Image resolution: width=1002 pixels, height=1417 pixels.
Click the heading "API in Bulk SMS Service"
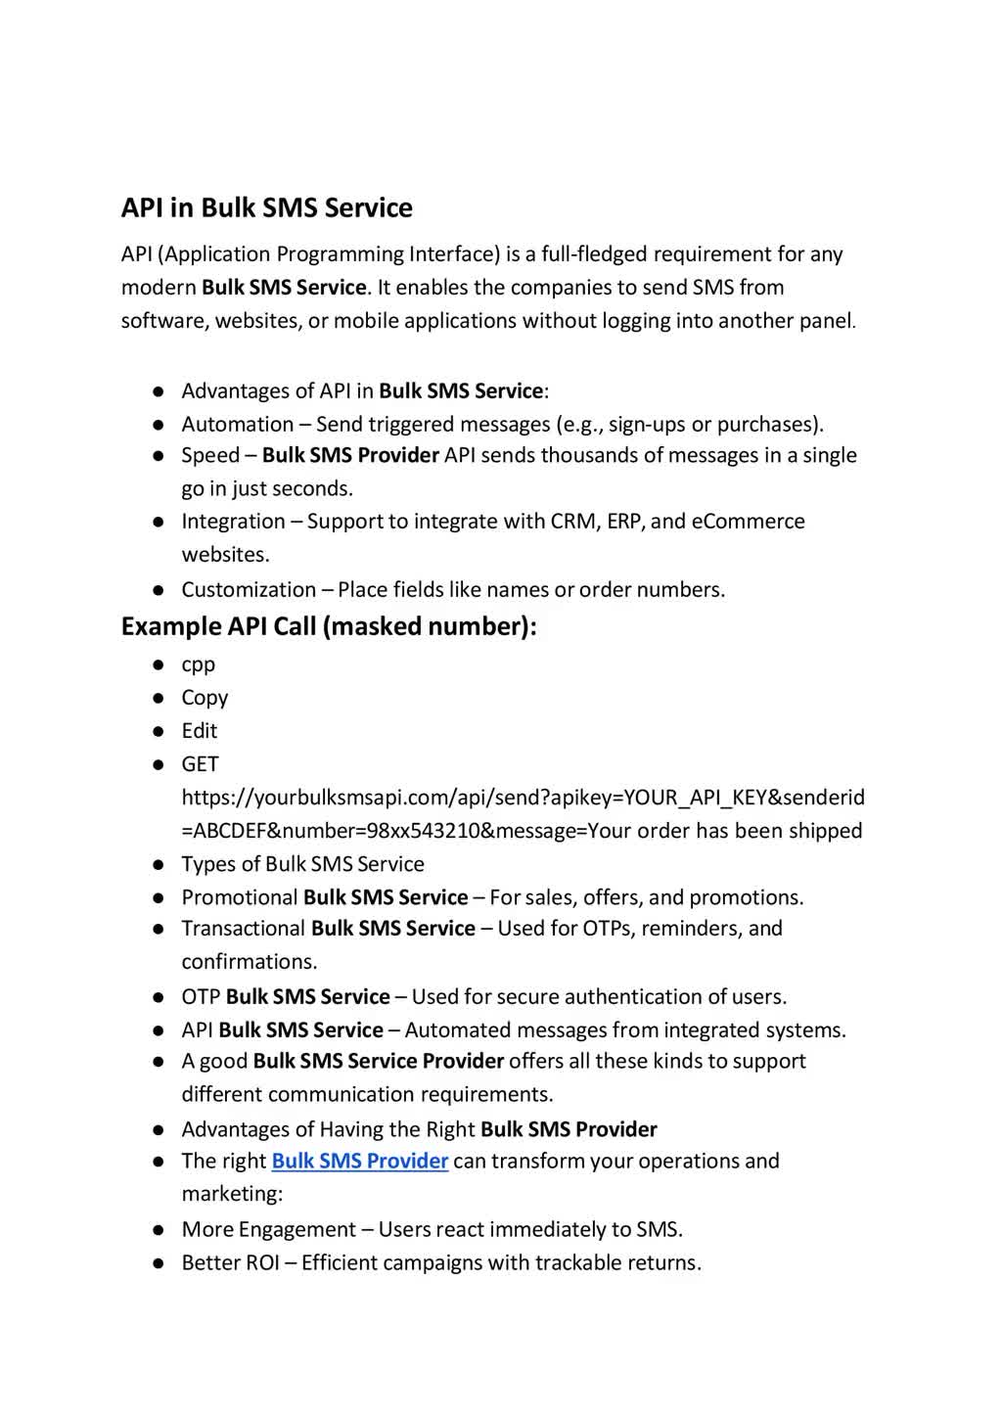coord(266,208)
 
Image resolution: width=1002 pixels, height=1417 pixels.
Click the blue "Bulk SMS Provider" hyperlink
coord(359,1162)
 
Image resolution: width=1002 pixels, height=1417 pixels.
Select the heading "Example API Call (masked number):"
coord(329,626)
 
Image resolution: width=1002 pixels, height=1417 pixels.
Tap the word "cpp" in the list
coord(198,665)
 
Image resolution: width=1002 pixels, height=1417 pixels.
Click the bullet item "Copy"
coord(205,698)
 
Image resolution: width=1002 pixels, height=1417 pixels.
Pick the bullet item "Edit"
coord(199,731)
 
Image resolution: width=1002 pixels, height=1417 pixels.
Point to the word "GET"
coord(200,764)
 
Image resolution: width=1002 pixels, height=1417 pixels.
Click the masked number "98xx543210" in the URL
coord(423,831)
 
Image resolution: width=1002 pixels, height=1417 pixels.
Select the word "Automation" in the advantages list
coord(237,425)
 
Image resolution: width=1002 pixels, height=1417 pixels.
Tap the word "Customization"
coord(249,590)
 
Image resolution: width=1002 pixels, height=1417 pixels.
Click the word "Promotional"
coord(239,897)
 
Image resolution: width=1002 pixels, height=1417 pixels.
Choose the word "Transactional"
coord(244,929)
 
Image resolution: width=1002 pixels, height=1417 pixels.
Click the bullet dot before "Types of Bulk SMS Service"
coord(158,865)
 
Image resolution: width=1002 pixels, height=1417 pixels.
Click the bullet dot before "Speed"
coord(158,456)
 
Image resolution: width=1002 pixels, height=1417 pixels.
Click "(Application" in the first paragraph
coord(214,254)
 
